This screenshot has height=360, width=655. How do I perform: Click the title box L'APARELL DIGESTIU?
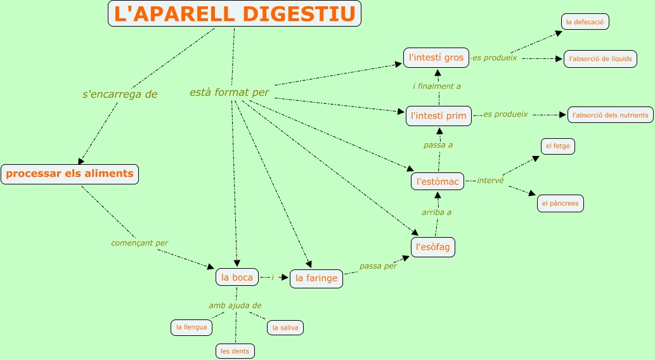(235, 14)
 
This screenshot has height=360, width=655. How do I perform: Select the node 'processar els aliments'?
(70, 174)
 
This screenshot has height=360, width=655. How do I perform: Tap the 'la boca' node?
(237, 277)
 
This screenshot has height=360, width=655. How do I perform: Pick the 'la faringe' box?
(316, 278)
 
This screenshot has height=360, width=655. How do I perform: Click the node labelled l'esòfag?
(433, 247)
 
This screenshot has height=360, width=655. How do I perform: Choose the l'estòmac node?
(438, 181)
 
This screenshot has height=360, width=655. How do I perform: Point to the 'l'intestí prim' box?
(439, 115)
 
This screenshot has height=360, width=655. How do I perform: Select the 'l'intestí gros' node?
(436, 57)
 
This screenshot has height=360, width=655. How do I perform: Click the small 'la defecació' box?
(585, 22)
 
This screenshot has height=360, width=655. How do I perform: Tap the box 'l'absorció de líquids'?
(600, 59)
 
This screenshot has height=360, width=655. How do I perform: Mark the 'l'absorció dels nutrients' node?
(610, 115)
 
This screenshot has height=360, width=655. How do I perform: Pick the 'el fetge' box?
(557, 146)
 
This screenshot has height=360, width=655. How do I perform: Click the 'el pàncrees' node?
(560, 203)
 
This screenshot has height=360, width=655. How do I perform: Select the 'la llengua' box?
(191, 327)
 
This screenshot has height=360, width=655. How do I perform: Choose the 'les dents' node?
(235, 350)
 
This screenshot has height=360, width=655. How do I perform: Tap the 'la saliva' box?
(285, 327)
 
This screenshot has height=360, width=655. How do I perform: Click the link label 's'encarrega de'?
(120, 94)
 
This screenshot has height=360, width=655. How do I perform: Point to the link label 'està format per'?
(230, 93)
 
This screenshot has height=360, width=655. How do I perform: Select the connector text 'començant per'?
(139, 243)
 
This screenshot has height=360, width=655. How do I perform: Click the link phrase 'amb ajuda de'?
(235, 305)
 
